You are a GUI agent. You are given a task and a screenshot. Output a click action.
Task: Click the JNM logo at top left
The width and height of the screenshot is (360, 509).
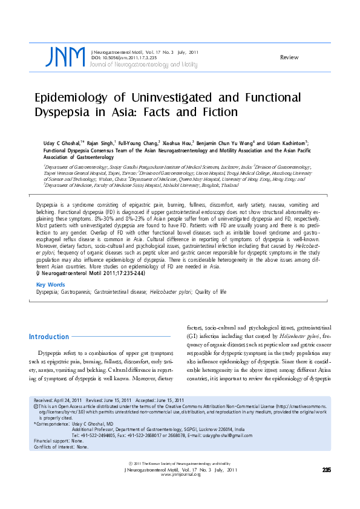point(65,57)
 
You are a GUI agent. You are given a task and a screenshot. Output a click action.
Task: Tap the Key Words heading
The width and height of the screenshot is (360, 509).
point(51,284)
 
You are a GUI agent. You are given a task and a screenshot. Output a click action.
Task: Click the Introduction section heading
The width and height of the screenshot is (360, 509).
point(49,337)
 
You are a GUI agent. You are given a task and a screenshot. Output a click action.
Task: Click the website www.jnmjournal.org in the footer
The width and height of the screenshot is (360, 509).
point(180,475)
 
